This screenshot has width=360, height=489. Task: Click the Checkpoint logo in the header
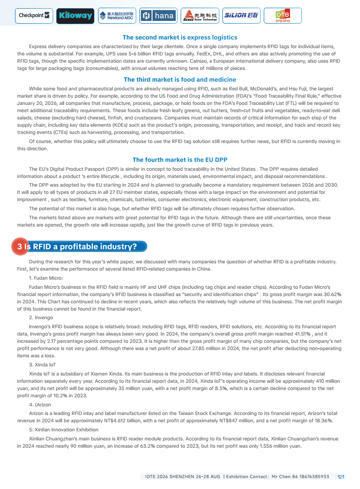(34, 16)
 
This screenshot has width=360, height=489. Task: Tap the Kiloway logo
(75, 16)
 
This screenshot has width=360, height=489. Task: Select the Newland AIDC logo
(117, 16)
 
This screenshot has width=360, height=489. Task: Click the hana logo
(158, 16)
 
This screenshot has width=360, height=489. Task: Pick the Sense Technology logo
(199, 16)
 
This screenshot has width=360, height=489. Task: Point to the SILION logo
(241, 16)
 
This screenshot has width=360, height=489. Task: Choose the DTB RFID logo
(282, 16)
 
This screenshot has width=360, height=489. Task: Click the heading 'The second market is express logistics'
(180, 37)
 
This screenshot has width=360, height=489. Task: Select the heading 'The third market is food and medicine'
(180, 79)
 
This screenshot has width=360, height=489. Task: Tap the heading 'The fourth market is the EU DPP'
(180, 160)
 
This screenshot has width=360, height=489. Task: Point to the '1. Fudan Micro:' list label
(45, 278)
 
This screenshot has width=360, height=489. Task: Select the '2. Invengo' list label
(41, 317)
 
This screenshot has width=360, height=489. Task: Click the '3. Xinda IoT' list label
(43, 365)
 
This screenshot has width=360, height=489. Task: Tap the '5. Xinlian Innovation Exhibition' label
(64, 430)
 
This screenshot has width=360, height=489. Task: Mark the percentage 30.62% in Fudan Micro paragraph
(330, 294)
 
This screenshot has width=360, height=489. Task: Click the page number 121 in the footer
(341, 477)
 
